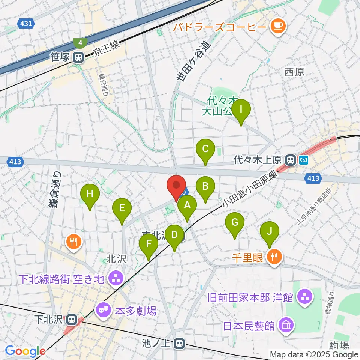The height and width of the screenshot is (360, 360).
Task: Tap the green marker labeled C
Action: point(205,150)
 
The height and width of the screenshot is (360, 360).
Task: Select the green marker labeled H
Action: point(90,195)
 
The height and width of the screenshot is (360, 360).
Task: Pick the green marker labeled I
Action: point(241,110)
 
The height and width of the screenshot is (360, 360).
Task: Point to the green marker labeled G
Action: point(235,223)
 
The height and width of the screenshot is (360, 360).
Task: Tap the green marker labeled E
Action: point(121,209)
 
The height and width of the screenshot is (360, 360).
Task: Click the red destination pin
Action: point(175,186)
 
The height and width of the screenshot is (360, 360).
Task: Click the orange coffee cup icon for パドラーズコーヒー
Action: point(277,26)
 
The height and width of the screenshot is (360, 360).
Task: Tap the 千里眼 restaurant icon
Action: point(275,257)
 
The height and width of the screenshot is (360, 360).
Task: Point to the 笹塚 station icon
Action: point(78,57)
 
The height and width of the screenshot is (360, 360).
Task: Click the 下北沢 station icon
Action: point(71,320)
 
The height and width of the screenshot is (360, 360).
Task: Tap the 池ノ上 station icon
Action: point(180,343)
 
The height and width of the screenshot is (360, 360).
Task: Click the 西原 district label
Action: point(294,72)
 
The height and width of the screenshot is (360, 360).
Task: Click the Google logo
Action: point(25,351)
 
